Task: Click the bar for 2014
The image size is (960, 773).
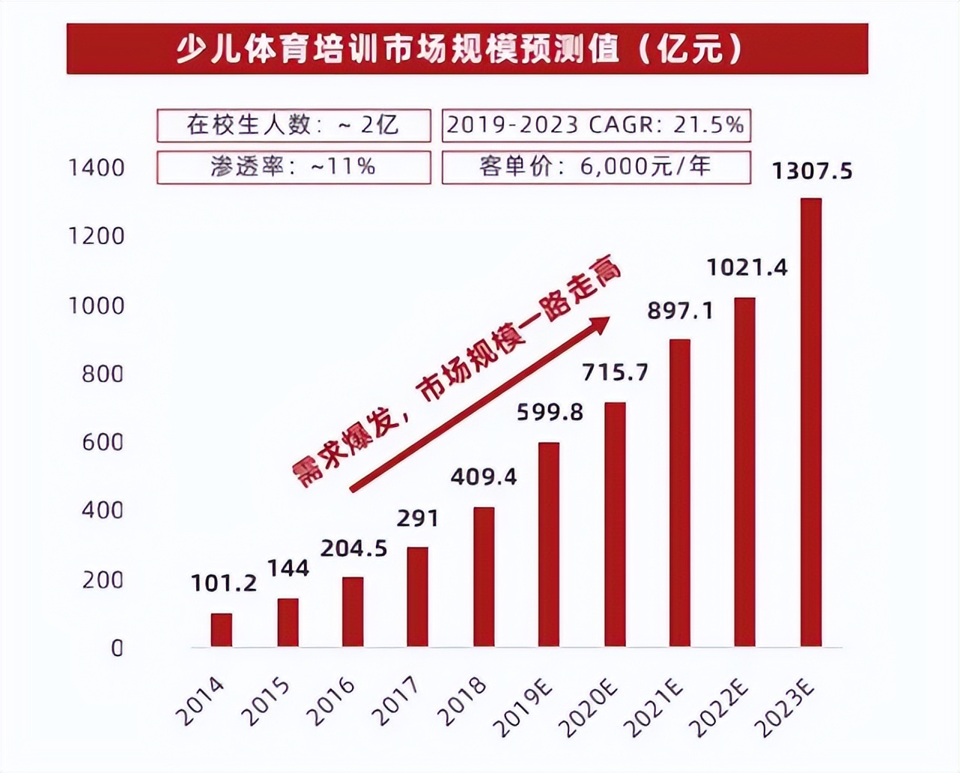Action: click(221, 630)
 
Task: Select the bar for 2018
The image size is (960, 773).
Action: click(484, 577)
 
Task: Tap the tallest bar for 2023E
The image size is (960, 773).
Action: click(811, 422)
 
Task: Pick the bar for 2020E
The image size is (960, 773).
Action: click(615, 524)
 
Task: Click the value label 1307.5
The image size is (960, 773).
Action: click(812, 172)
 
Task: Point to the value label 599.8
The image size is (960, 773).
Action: click(550, 412)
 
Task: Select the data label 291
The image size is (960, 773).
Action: click(418, 518)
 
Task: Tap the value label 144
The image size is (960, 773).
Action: click(288, 569)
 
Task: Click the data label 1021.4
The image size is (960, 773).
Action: click(747, 267)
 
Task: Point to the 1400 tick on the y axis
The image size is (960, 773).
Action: click(97, 168)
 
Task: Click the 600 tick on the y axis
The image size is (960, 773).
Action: click(103, 442)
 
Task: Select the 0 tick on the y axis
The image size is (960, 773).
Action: click(117, 648)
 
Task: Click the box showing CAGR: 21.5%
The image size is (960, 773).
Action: click(596, 125)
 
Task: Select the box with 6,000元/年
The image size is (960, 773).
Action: click(596, 167)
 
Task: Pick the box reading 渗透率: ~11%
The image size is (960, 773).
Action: click(294, 167)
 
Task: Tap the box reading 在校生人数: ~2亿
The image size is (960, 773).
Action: click(294, 125)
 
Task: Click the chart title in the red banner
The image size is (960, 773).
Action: click(467, 49)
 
